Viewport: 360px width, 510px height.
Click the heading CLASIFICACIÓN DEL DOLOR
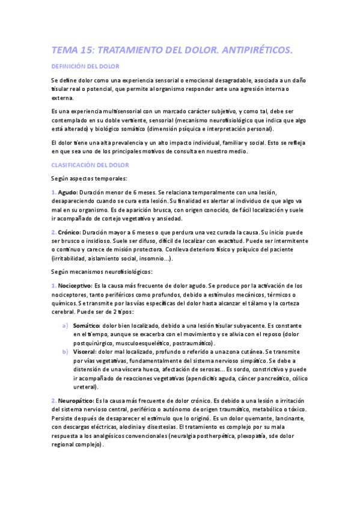[x=90, y=164]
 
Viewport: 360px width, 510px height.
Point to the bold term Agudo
[x=67, y=191]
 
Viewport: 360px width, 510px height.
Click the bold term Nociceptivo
[x=75, y=286]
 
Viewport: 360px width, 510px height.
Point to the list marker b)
[x=66, y=351]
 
